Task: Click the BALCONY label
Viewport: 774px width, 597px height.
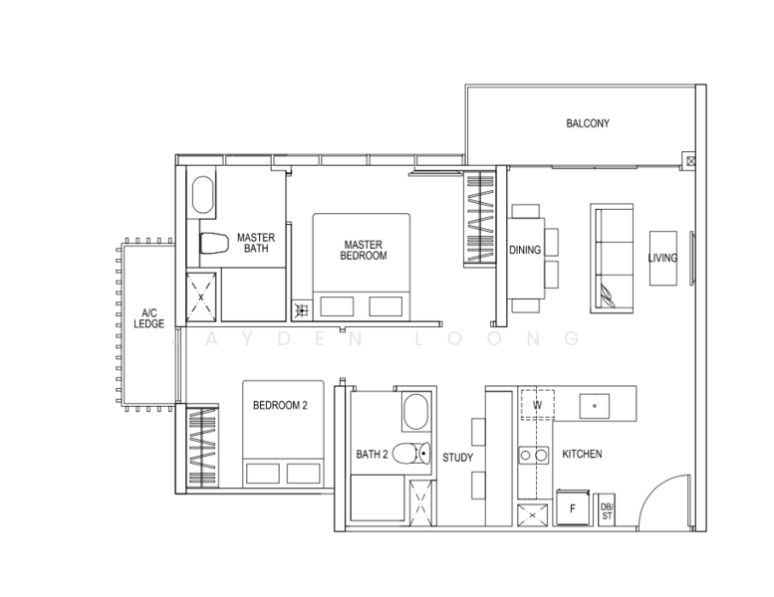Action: (x=587, y=124)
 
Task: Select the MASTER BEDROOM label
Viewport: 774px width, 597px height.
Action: (x=365, y=250)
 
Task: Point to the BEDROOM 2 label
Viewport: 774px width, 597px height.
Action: (x=281, y=405)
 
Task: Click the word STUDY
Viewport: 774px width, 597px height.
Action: (x=457, y=458)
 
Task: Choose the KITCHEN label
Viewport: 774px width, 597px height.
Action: (x=582, y=454)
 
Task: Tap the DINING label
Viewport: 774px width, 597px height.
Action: (x=525, y=251)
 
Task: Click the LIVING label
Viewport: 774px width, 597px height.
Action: (x=661, y=258)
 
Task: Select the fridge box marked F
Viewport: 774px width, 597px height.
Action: (x=572, y=507)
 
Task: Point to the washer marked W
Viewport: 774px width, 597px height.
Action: (x=537, y=405)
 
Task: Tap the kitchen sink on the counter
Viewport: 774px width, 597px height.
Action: (x=595, y=405)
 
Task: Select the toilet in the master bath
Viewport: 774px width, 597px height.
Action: (x=212, y=242)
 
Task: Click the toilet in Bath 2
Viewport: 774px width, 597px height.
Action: (x=408, y=455)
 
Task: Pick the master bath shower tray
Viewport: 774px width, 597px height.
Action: (x=202, y=296)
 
